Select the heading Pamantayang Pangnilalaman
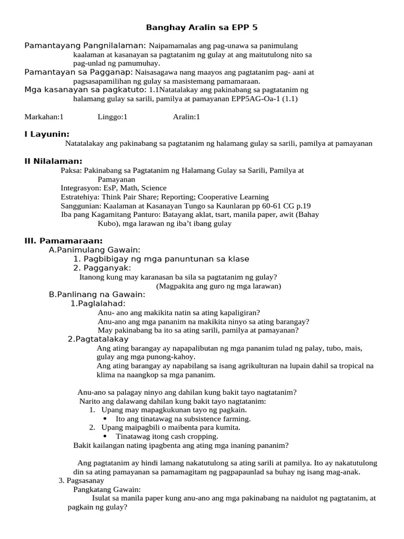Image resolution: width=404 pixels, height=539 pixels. click(86, 45)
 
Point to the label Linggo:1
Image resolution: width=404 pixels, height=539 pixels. click(113, 117)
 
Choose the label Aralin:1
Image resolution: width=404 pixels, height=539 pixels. click(187, 117)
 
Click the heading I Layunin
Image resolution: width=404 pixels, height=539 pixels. click(47, 134)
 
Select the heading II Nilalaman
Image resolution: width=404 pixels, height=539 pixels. click(53, 161)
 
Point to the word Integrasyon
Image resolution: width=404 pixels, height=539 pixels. click(80, 188)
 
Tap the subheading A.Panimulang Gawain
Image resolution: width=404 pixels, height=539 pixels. click(95, 249)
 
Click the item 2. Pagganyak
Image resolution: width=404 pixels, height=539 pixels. click(102, 267)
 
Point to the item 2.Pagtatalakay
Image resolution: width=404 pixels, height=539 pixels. click(98, 339)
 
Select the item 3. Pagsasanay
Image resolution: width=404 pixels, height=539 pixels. click(81, 481)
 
